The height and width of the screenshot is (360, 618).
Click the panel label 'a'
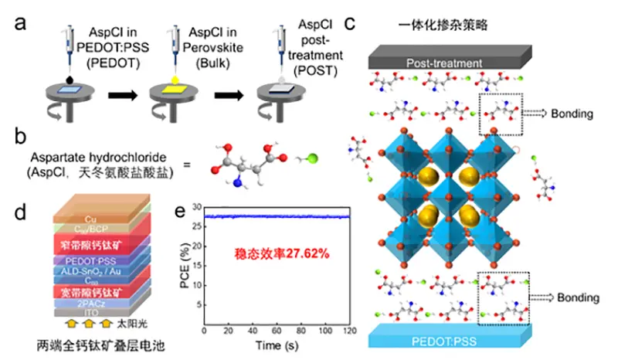22,22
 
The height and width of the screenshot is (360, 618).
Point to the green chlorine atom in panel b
308,159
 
